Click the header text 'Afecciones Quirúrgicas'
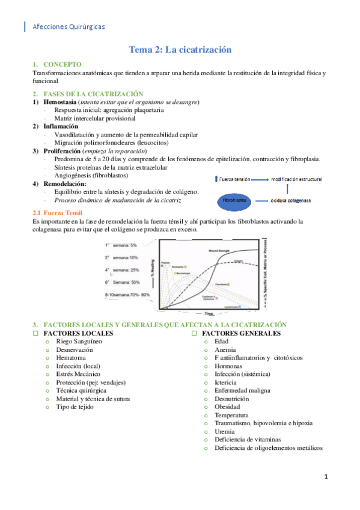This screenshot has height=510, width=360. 67,26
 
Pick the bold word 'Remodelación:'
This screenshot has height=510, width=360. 65,183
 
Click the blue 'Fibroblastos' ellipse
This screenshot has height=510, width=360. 236,200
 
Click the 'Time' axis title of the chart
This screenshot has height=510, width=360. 209,314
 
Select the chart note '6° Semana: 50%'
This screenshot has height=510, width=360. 123,282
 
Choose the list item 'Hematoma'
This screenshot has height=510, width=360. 72,358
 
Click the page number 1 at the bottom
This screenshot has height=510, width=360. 325,477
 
